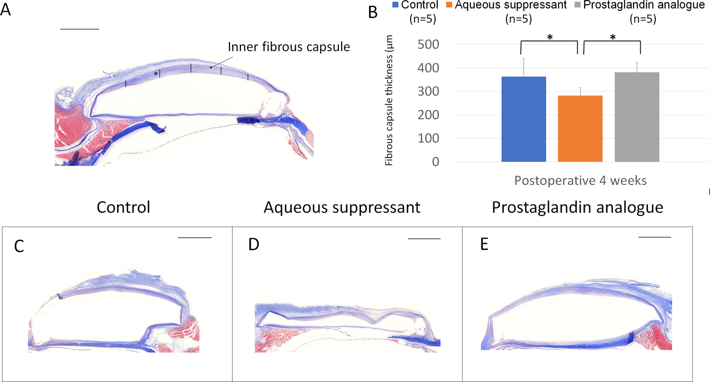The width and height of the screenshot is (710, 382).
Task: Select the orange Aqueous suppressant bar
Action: click(x=580, y=129)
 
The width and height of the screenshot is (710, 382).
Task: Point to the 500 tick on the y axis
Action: click(x=428, y=45)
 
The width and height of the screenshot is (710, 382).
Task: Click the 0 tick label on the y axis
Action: click(x=435, y=162)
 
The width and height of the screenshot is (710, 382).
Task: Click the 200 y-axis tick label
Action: click(x=428, y=115)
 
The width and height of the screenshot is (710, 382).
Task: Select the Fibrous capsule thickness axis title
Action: click(x=389, y=100)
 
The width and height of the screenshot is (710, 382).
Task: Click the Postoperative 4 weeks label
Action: click(x=580, y=180)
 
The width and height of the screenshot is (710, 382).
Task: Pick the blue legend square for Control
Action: click(x=395, y=5)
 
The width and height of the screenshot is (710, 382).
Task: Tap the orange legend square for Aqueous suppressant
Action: click(x=449, y=5)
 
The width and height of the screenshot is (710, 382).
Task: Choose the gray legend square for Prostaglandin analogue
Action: click(x=577, y=5)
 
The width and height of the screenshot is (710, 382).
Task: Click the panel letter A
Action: click(x=6, y=9)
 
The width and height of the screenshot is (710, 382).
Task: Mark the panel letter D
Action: click(x=254, y=244)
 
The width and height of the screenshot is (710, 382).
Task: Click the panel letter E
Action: click(x=484, y=244)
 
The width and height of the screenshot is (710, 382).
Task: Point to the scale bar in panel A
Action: click(x=80, y=29)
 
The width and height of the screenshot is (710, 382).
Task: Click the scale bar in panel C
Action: click(x=194, y=237)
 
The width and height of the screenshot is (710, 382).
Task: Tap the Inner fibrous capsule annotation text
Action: click(x=289, y=47)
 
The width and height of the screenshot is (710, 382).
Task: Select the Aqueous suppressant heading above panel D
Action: click(x=342, y=207)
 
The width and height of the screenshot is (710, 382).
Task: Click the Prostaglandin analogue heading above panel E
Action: click(x=577, y=207)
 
